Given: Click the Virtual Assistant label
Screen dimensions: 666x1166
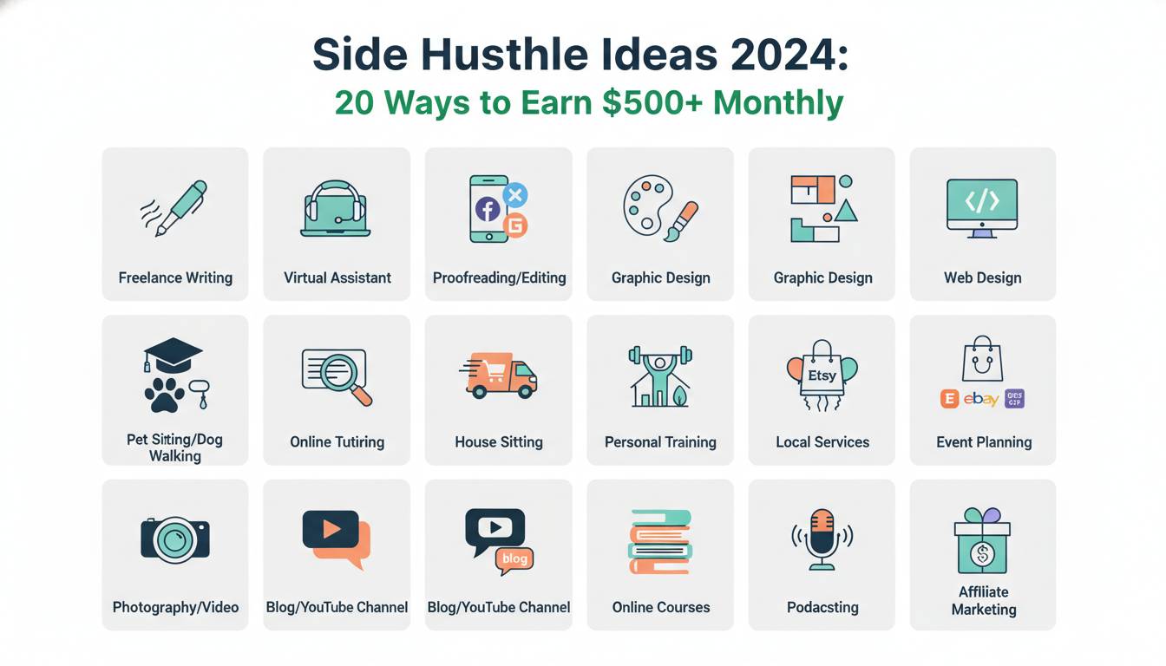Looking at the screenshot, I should [x=337, y=277].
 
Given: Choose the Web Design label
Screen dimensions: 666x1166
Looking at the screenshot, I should [x=982, y=277].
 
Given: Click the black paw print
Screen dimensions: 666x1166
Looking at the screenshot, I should [x=164, y=394].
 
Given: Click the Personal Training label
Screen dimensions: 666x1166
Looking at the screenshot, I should [x=660, y=441].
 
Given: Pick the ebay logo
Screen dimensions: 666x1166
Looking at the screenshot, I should [x=981, y=399].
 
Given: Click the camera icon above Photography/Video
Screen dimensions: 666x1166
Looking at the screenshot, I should [x=175, y=538].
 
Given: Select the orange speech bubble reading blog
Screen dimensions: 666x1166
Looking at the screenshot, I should [x=514, y=559].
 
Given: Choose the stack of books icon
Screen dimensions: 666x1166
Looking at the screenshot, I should [x=660, y=541].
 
